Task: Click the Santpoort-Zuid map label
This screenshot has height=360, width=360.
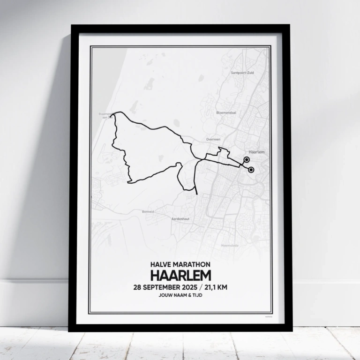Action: (x=242, y=73)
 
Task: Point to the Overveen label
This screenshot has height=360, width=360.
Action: (x=213, y=139)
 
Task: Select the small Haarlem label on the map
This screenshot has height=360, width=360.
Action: (x=257, y=153)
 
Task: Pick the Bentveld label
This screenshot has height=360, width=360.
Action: (x=148, y=212)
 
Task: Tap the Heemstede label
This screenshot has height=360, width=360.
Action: (x=230, y=245)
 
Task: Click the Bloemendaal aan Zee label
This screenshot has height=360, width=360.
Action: (x=105, y=115)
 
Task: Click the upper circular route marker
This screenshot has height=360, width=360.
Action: (x=247, y=160)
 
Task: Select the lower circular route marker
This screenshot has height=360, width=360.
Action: (x=251, y=170)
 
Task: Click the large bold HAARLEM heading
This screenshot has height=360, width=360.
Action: (x=180, y=275)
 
